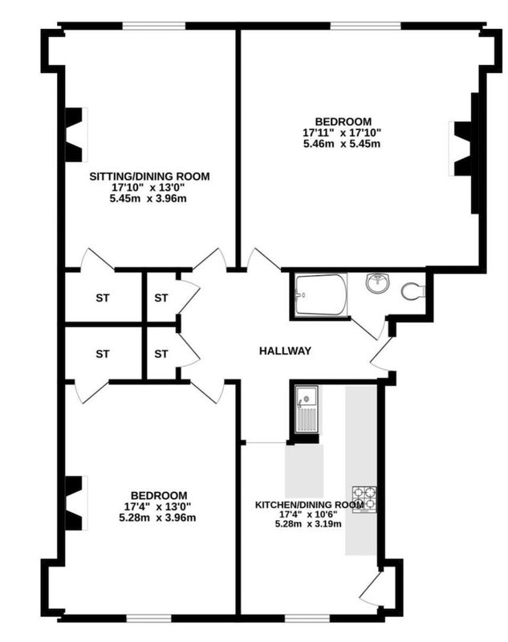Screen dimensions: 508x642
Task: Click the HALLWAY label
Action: coord(285,351)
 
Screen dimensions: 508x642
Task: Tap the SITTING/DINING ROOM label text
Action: coord(149,177)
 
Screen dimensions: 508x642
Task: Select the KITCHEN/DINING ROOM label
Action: coord(310,505)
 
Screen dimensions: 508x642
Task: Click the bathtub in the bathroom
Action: coord(321,295)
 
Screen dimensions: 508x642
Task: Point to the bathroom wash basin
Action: coord(377,283)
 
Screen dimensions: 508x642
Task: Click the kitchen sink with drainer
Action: coord(307,408)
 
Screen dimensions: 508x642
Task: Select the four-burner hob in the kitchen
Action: coord(364,499)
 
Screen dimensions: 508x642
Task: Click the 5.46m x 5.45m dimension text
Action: coord(341,144)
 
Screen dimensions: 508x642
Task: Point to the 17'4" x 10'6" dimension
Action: coord(308,514)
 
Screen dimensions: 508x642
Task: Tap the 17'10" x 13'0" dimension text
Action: coord(149,188)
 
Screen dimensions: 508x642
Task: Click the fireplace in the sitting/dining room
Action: coord(76,134)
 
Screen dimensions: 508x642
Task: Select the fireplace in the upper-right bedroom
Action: coord(463,148)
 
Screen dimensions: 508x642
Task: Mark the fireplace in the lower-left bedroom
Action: coord(76,503)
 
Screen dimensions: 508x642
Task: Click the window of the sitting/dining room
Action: coord(154,26)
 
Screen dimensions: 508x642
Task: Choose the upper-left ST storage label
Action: coord(103,298)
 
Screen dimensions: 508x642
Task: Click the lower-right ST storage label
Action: coord(161,354)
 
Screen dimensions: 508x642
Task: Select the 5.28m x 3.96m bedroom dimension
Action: coord(157,518)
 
